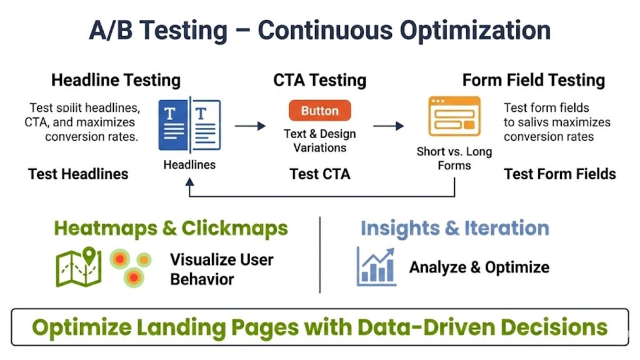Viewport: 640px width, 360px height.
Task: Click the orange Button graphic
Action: (x=319, y=111)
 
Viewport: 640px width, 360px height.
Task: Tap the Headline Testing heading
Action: (x=116, y=81)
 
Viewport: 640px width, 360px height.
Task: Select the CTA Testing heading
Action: (x=319, y=81)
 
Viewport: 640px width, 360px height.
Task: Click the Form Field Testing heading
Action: (x=533, y=81)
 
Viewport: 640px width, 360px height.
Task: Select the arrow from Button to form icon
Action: (x=389, y=126)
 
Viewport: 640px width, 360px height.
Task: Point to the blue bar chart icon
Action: (x=376, y=266)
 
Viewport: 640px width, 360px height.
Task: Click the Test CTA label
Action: (x=319, y=174)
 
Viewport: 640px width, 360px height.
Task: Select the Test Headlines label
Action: (x=78, y=174)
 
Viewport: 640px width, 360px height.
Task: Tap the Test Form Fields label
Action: (x=559, y=174)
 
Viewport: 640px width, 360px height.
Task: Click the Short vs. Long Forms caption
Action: (x=454, y=158)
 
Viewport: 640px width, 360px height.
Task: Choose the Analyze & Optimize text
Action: (x=479, y=267)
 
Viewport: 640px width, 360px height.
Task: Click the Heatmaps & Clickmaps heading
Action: (x=171, y=228)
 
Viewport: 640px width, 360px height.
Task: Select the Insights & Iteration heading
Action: (x=454, y=228)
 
